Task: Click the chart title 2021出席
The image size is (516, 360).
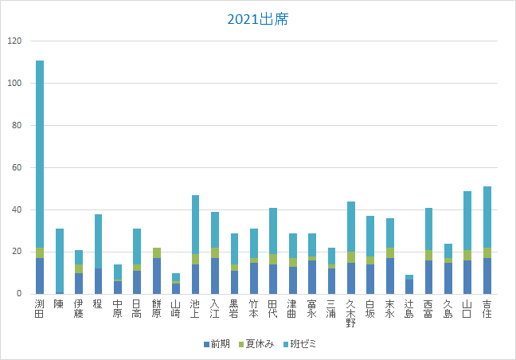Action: [257, 19]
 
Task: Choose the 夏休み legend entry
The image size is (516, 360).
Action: [259, 346]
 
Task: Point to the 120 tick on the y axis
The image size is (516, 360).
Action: [15, 41]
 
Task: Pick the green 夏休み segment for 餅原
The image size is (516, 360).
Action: [157, 253]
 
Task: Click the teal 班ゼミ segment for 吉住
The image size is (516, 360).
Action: [487, 217]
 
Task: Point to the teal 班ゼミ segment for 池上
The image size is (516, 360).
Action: [196, 225]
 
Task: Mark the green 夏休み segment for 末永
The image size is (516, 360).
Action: [390, 252]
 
